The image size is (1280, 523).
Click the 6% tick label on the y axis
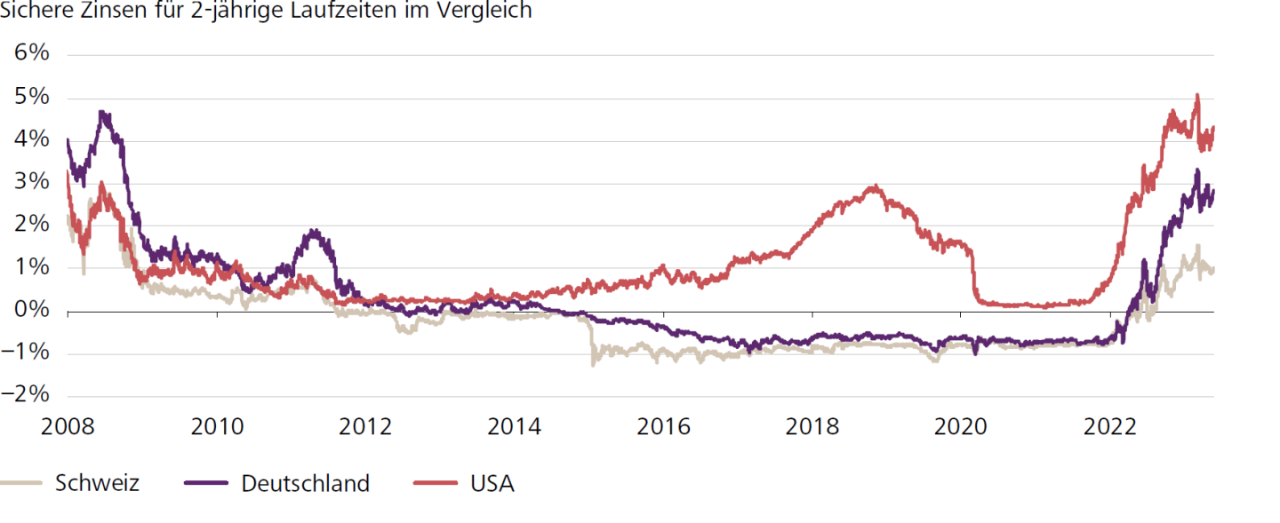(31, 52)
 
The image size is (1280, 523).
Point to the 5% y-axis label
(31, 96)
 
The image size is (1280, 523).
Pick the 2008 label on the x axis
(68, 427)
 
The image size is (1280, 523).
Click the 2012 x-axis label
(366, 427)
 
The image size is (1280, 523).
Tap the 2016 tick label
(664, 427)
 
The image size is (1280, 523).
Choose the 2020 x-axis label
(961, 427)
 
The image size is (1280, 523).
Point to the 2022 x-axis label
(1110, 427)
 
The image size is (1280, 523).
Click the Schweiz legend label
(97, 484)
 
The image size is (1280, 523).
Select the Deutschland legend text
(305, 484)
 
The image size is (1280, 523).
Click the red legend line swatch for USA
(436, 484)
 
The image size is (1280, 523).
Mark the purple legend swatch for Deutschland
(207, 484)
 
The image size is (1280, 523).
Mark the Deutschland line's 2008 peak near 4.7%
(103, 113)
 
